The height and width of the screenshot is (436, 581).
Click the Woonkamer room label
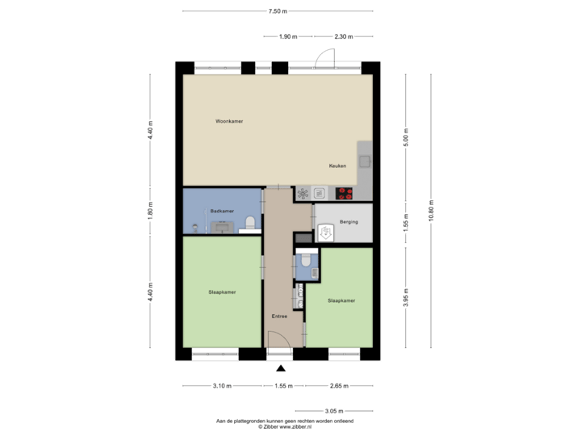[x=229, y=121]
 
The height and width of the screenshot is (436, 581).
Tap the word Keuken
[x=337, y=166]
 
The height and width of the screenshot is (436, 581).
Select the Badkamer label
[x=222, y=212]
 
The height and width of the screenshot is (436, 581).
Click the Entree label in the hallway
[x=279, y=317]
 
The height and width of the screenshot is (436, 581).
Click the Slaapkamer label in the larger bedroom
[x=221, y=291]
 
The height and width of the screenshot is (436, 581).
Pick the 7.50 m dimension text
[x=278, y=11]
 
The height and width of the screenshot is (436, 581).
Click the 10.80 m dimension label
[x=432, y=212]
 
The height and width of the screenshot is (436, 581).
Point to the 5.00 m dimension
[x=407, y=136]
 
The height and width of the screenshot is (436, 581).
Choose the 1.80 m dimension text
[x=150, y=212]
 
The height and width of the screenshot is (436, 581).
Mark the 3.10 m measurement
[x=223, y=386]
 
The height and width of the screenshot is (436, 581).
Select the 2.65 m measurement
[x=337, y=386]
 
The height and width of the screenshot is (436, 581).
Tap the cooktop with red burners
[x=345, y=193]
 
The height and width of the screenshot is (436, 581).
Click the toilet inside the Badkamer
[x=250, y=222]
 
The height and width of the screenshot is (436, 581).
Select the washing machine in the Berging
[x=326, y=233]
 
